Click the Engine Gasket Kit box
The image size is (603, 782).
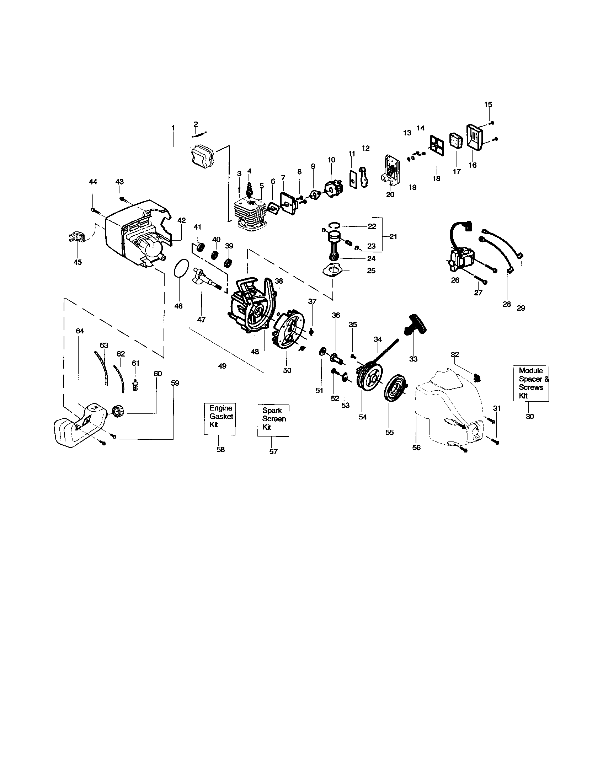click(219, 418)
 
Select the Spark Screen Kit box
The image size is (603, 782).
click(273, 420)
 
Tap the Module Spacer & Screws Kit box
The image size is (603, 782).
click(531, 384)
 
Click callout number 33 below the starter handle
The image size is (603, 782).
click(413, 359)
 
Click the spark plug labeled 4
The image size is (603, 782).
click(250, 188)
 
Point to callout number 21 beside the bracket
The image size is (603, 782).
click(393, 237)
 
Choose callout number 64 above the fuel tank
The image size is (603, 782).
click(80, 331)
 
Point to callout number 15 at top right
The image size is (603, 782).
click(488, 105)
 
